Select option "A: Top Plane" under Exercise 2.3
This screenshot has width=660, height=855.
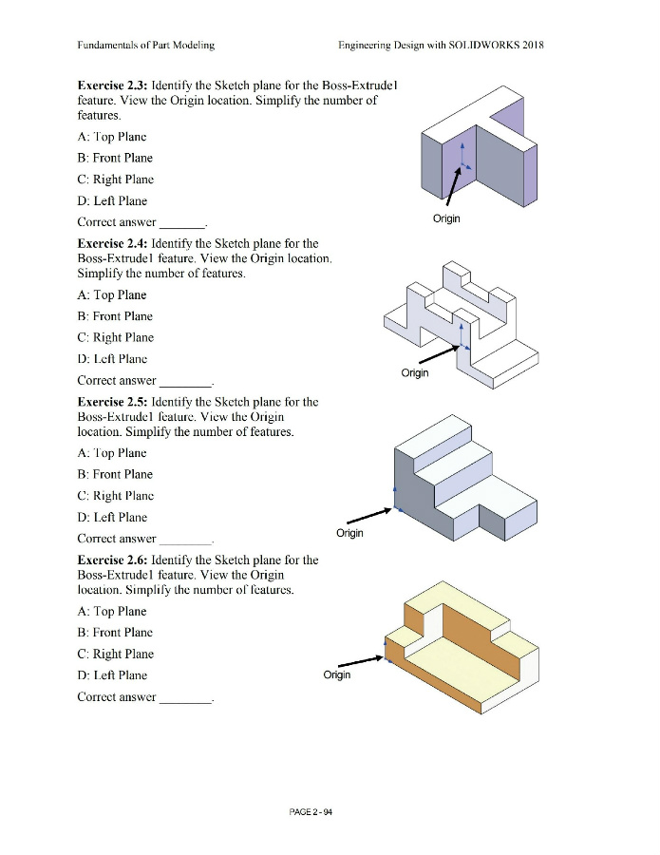pos(114,136)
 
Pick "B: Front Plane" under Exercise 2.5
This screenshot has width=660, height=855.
pos(115,474)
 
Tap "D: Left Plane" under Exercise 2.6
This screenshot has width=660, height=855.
pos(112,675)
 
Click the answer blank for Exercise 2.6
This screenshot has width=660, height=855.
pos(187,698)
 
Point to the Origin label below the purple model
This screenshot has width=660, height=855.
pos(446,218)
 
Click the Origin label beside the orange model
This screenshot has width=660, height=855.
pos(337,674)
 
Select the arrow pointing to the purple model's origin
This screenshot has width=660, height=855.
pos(453,190)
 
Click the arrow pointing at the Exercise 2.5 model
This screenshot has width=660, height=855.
pos(368,516)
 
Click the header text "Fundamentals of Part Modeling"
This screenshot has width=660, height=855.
pos(146,45)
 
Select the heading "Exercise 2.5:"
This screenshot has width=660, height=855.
pos(112,402)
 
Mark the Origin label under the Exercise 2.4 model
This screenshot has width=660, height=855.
pos(414,372)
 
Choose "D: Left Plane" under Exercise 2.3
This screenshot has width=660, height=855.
pos(112,200)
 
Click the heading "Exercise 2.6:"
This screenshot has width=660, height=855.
pos(112,560)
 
